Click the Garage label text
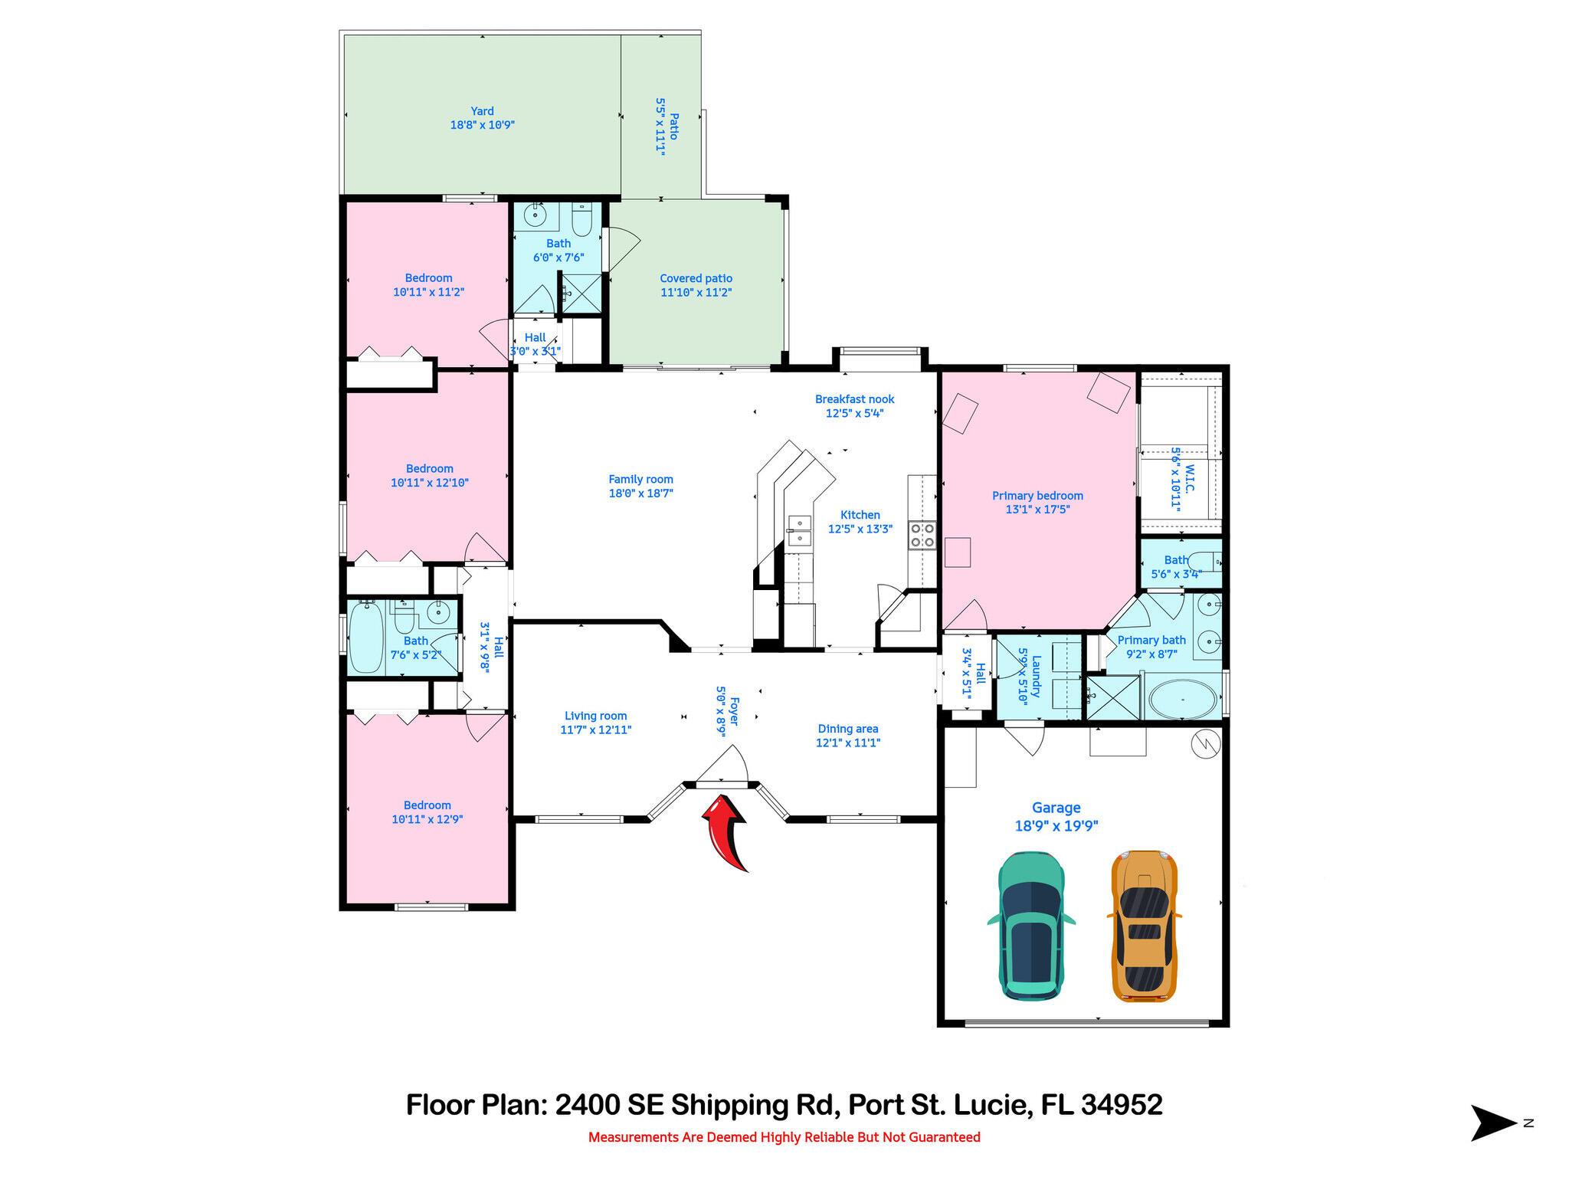tap(1056, 808)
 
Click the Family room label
tap(640, 480)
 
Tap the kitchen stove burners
tap(922, 535)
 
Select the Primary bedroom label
tap(1037, 496)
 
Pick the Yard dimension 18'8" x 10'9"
tap(482, 125)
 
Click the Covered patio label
tap(696, 279)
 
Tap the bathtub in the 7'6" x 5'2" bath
tap(365, 638)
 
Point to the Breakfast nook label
tap(854, 399)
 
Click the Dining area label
tap(847, 729)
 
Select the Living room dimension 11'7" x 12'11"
tap(595, 730)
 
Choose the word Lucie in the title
tap(991, 1105)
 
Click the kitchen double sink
tap(798, 531)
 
